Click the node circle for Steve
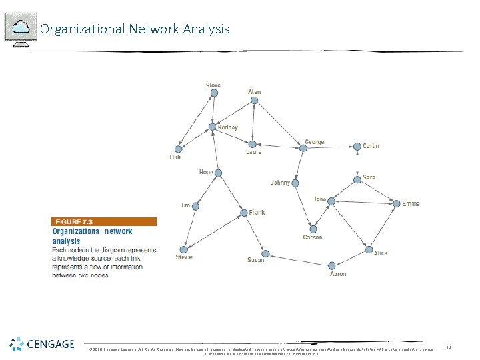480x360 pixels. [x=214, y=93]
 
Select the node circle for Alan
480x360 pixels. [x=254, y=101]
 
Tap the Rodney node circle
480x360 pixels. [x=212, y=127]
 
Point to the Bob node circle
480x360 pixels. [x=177, y=149]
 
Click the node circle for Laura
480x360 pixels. [x=252, y=144]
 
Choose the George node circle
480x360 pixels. [x=302, y=148]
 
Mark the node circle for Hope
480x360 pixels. [x=218, y=173]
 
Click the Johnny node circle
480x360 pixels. [x=295, y=183]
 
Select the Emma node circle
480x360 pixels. [x=397, y=204]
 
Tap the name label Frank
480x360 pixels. [x=257, y=213]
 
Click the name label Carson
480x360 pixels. [x=312, y=237]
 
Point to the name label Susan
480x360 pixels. [x=255, y=260]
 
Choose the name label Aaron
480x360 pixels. [x=338, y=274]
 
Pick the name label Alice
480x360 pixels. [x=380, y=253]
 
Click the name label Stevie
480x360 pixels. [x=184, y=257]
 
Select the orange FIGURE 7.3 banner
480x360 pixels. [x=105, y=221]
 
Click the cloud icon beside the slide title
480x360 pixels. [x=21, y=27]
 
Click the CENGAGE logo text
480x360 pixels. [x=51, y=344]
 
